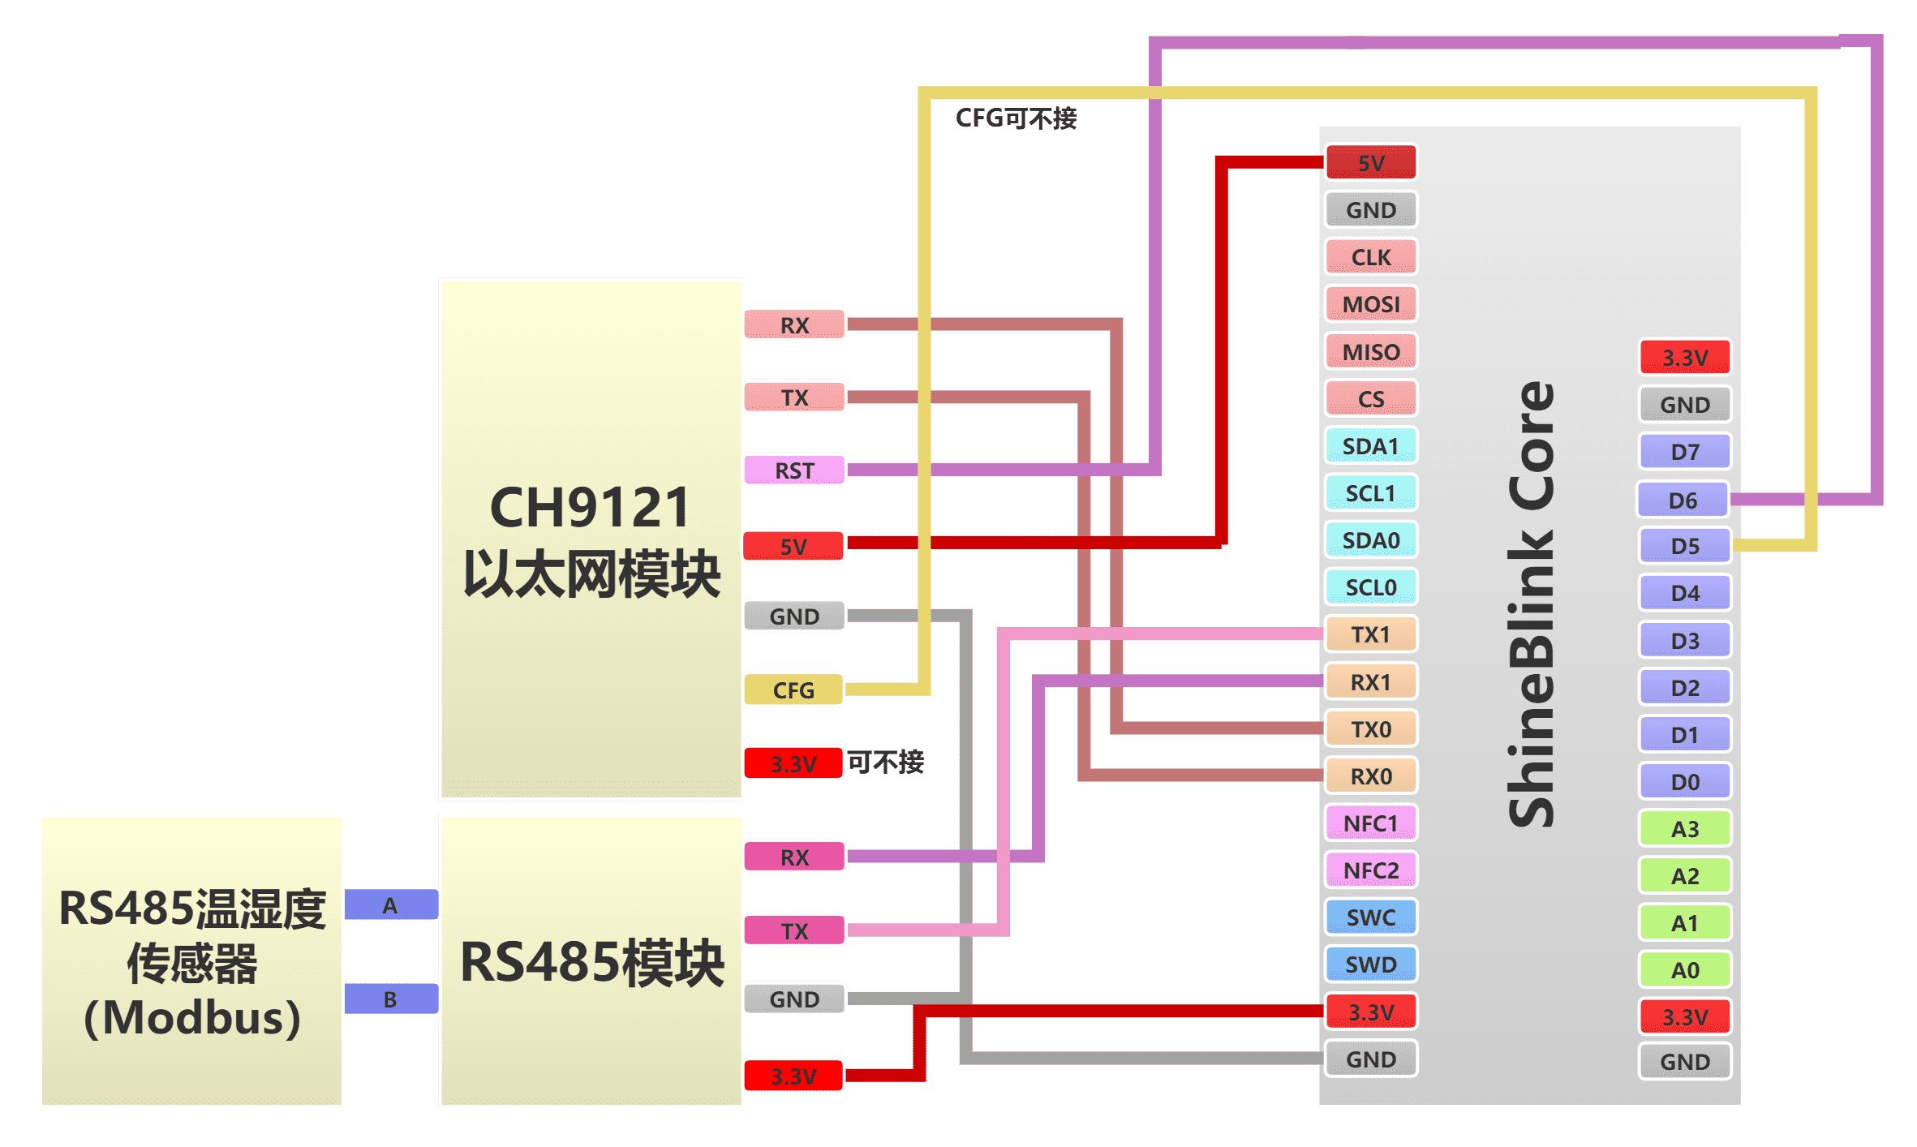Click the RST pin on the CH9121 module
[793, 470]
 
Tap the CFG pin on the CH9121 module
[793, 689]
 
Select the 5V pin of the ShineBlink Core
[1370, 162]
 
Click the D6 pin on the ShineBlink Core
[1683, 500]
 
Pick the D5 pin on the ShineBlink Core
[1684, 546]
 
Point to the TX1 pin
[1370, 634]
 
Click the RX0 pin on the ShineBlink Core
[1370, 776]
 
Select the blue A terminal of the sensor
[391, 905]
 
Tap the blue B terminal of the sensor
[391, 999]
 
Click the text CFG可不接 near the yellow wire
[1016, 118]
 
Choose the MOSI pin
[1370, 304]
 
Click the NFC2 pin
[1370, 870]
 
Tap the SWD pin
[1370, 964]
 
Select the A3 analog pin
[1684, 829]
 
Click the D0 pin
[1684, 782]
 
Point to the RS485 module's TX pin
[793, 930]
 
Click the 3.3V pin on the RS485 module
[793, 1076]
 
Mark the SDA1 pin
[1370, 446]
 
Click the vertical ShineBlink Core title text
[1532, 604]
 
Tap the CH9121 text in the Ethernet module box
[590, 508]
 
